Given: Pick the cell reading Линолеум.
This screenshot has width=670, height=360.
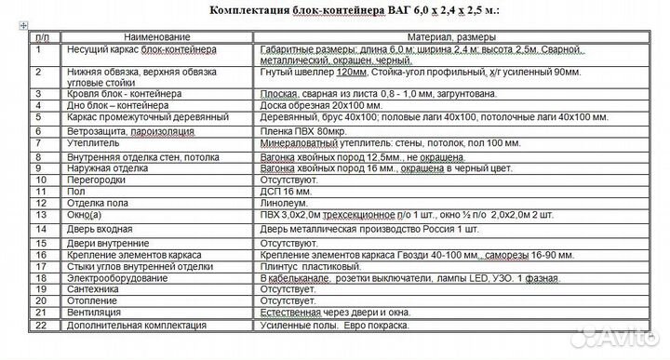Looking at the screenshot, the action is [286, 202].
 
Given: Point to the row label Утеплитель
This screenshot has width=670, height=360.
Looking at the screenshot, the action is [91, 144].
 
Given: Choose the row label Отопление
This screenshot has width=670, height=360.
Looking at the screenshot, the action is [92, 300].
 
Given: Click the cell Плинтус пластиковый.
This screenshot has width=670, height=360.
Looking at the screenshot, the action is [313, 264].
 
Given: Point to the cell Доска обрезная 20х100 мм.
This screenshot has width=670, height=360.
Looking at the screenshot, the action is [323, 105].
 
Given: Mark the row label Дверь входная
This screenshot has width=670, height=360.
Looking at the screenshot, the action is [100, 228].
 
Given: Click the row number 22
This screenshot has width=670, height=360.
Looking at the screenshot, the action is [39, 325].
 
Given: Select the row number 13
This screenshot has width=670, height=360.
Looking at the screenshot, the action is [39, 214].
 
